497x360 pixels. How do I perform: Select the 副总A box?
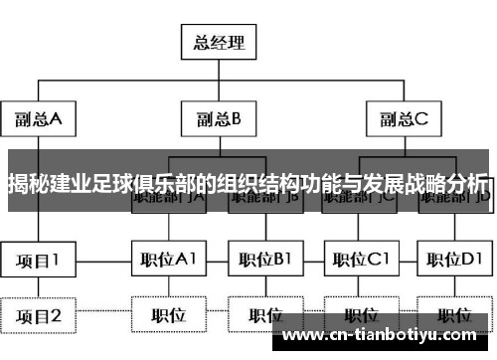coord(39,119)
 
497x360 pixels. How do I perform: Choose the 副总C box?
coord(403,119)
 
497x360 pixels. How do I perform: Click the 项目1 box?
coord(39,262)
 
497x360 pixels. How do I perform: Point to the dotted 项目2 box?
coord(39,316)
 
